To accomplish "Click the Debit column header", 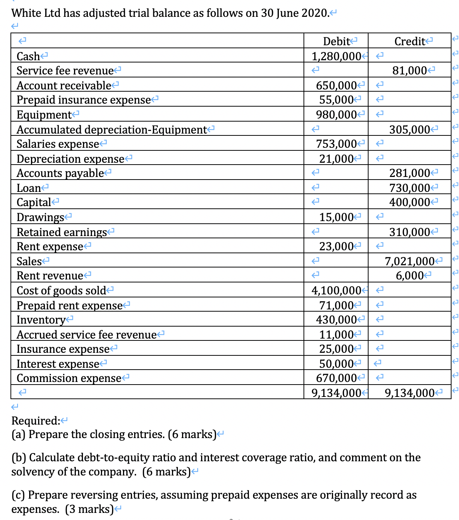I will point(336,41).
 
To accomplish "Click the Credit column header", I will point(410,41).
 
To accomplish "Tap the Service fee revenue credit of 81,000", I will point(410,70).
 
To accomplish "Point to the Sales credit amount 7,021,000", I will point(410,261).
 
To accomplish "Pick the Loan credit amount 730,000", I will point(410,188).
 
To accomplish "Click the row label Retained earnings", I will point(62,232).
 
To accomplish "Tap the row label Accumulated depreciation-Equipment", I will point(111,130).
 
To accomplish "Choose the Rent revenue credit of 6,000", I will point(410,276).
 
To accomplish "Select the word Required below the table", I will point(35,421).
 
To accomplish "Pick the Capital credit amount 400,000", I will point(410,202).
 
